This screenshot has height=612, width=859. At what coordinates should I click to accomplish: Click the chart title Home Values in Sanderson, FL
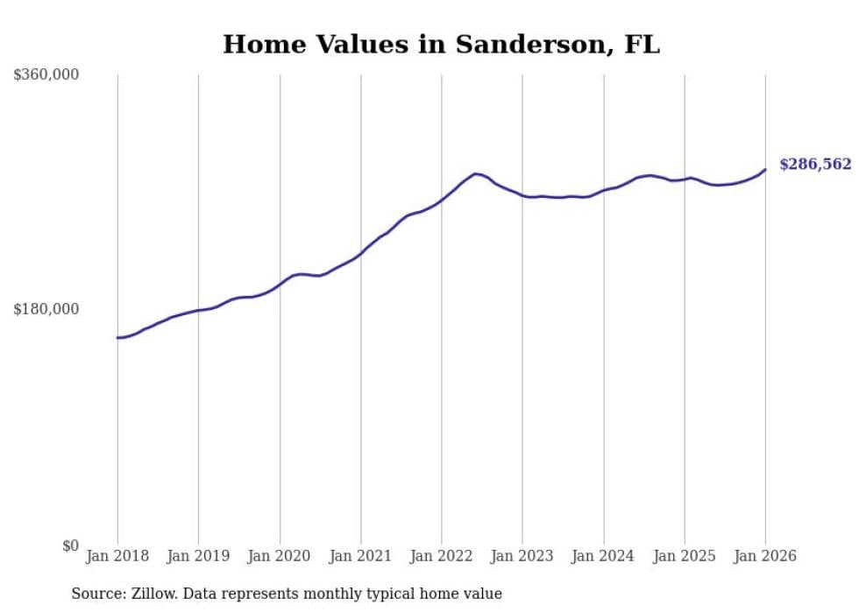pyautogui.click(x=441, y=45)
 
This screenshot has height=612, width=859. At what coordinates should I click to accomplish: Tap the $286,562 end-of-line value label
pyautogui.click(x=814, y=165)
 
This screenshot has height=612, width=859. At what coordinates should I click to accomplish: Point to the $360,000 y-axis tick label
pyautogui.click(x=46, y=75)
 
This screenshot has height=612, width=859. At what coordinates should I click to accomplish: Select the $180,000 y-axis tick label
pyautogui.click(x=46, y=309)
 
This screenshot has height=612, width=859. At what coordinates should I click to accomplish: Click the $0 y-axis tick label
pyautogui.click(x=70, y=545)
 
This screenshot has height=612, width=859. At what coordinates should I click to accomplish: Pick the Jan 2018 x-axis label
pyautogui.click(x=117, y=556)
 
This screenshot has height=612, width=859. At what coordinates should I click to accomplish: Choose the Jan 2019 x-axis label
pyautogui.click(x=198, y=556)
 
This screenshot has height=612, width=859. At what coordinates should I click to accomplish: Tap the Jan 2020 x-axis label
pyautogui.click(x=280, y=556)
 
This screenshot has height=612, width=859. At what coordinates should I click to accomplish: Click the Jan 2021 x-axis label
pyautogui.click(x=360, y=556)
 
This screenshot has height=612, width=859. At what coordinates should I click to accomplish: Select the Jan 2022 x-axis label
pyautogui.click(x=441, y=556)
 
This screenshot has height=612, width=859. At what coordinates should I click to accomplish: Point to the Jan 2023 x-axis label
pyautogui.click(x=522, y=556)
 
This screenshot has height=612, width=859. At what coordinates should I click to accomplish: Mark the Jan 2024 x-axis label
pyautogui.click(x=603, y=556)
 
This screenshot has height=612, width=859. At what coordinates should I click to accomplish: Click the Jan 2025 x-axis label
pyautogui.click(x=684, y=556)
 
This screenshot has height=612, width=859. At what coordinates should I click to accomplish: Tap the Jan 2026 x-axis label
pyautogui.click(x=765, y=556)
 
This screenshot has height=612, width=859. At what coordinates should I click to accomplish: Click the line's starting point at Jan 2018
pyautogui.click(x=117, y=337)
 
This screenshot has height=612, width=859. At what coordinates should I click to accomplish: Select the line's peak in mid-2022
pyautogui.click(x=475, y=173)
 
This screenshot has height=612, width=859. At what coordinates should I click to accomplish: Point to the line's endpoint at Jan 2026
pyautogui.click(x=765, y=170)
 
